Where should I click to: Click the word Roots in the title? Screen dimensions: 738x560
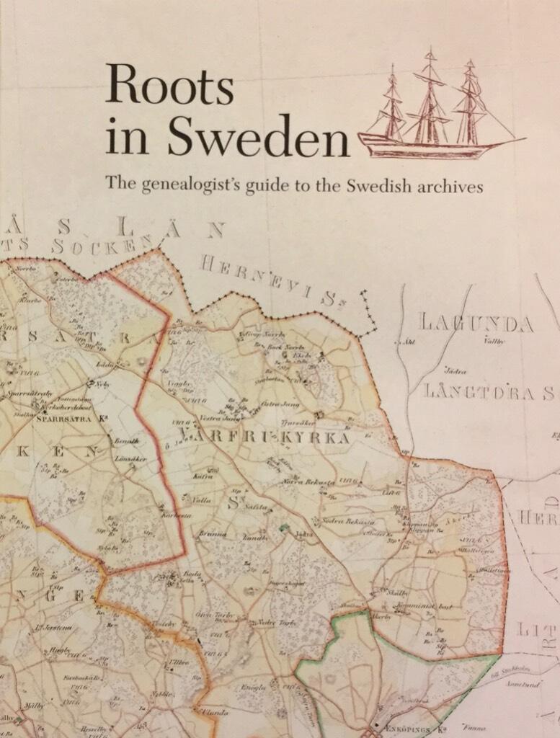tap(169, 85)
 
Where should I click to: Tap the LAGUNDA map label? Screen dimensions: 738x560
tap(477, 324)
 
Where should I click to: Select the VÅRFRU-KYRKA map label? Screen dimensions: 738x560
tap(264, 437)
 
